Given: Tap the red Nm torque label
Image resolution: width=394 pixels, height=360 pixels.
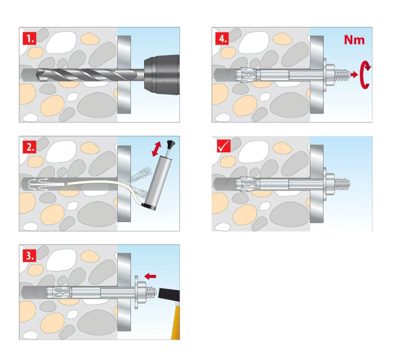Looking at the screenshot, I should coord(354,40).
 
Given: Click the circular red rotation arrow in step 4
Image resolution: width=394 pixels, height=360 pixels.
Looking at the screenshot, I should coord(364,75).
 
